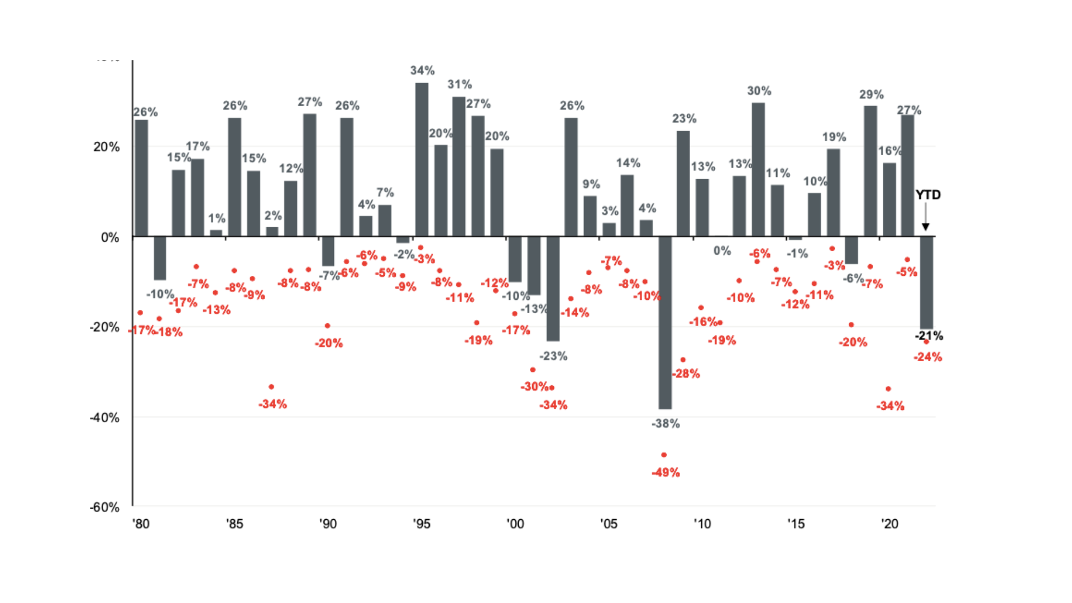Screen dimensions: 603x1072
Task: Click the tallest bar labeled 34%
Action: tap(422, 160)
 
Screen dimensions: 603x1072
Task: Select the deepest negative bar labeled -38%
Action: tap(664, 323)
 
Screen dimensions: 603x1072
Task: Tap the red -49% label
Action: tap(666, 473)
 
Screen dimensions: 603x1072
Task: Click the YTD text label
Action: tap(928, 195)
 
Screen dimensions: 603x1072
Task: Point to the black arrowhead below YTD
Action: tap(925, 227)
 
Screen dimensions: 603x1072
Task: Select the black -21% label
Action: tap(929, 336)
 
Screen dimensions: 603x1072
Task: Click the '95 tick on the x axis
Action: tap(422, 524)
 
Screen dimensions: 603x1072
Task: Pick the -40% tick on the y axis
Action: tap(106, 418)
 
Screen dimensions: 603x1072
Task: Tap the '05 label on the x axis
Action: tap(609, 524)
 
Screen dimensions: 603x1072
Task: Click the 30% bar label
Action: tap(759, 90)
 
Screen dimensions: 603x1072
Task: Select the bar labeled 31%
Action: tap(458, 166)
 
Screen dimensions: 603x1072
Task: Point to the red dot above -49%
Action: tap(663, 455)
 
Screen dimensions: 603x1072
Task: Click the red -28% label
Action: tap(686, 374)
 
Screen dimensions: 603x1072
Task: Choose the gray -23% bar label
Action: tap(553, 356)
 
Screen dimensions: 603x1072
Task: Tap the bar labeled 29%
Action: tap(870, 171)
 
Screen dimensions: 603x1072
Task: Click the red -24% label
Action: tap(928, 357)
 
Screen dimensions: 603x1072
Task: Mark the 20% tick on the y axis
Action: tap(106, 147)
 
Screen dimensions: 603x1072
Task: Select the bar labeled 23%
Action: tap(683, 184)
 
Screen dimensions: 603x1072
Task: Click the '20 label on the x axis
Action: tap(889, 524)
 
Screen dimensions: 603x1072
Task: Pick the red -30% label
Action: tap(534, 386)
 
